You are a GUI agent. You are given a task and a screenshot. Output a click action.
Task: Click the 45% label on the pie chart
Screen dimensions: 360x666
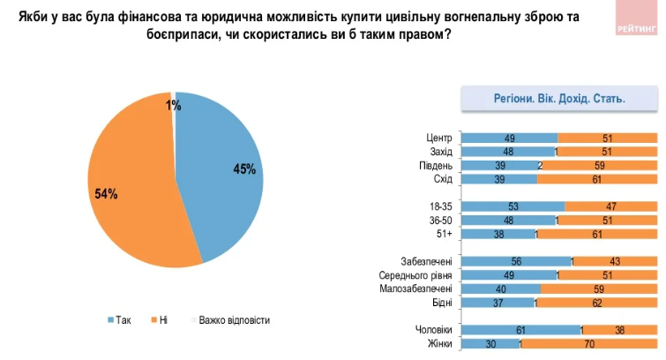pos(243,169)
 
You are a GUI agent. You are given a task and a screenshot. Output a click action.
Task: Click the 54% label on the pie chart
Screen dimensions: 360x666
pos(107,193)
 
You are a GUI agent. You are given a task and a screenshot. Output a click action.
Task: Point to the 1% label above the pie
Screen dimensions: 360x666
pos(173,106)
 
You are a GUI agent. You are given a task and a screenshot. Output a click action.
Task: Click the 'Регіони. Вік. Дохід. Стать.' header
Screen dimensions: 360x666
pos(559,99)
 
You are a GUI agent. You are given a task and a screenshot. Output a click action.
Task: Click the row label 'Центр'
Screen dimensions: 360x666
pos(438,138)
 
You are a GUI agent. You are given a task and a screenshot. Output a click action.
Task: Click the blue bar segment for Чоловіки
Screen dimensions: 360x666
pos(520,330)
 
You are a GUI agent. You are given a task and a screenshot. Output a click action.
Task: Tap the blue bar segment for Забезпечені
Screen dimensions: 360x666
pos(515,261)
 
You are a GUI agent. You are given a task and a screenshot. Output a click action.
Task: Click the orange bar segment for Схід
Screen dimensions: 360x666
pos(597,179)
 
